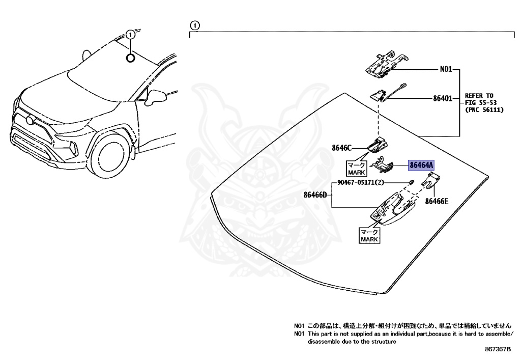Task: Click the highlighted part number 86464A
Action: [422, 165]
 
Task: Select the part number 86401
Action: [442, 98]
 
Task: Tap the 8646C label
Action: [341, 148]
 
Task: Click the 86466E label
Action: [437, 201]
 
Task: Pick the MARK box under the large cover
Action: [369, 236]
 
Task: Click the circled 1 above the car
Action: [131, 35]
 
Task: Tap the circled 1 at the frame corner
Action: [195, 25]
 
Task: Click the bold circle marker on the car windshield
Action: [131, 58]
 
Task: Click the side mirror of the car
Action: [154, 97]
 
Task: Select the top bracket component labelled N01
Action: [384, 63]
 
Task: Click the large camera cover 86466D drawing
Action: [389, 211]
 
